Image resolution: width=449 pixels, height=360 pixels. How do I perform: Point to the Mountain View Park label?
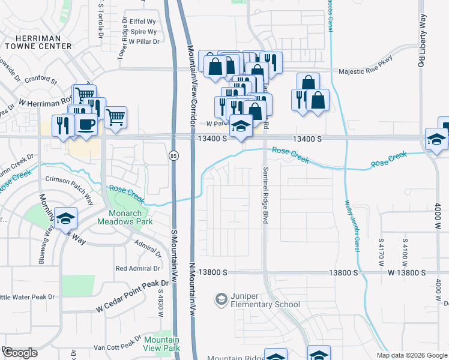161,344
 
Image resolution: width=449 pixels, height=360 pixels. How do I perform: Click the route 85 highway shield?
173,155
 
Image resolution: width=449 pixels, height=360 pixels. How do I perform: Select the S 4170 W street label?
381,253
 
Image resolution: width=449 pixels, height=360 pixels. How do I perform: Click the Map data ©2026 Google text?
411,355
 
